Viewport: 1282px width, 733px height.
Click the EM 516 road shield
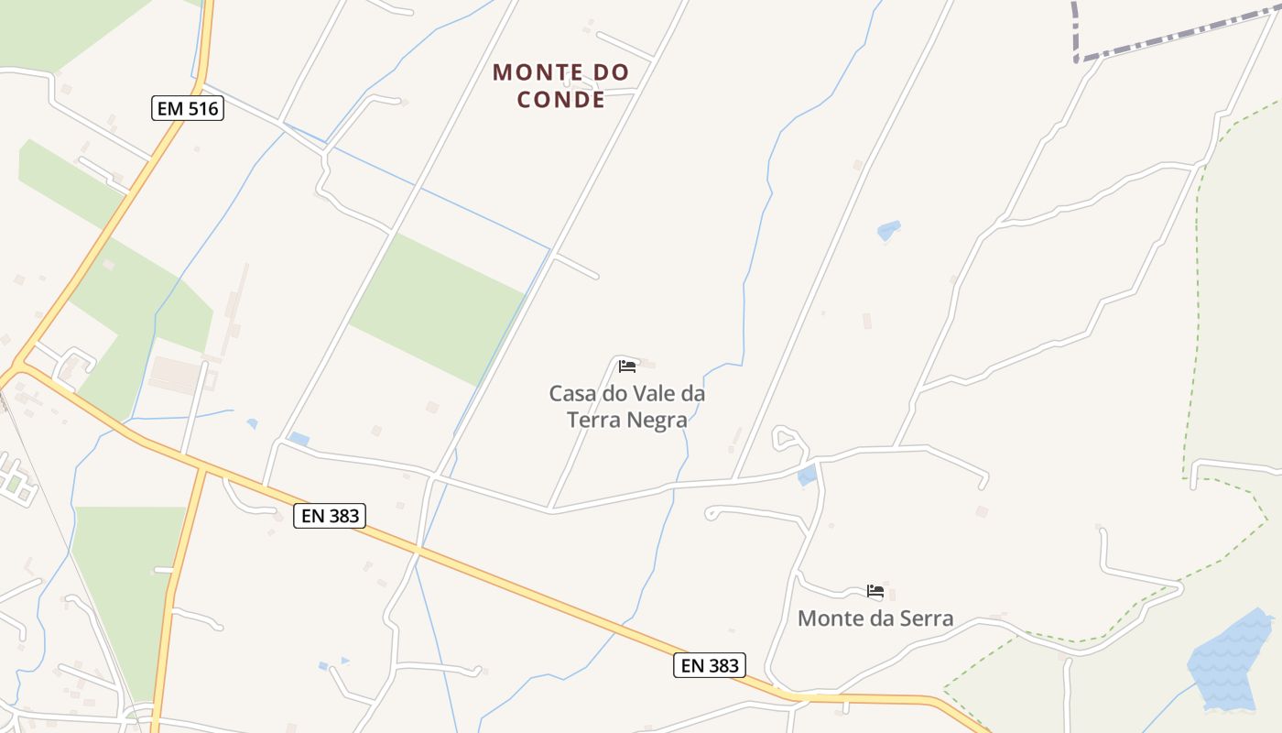pyautogui.click(x=188, y=109)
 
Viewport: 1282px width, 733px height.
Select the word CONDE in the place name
pyautogui.click(x=561, y=99)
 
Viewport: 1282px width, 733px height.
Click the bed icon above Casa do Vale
pyautogui.click(x=627, y=366)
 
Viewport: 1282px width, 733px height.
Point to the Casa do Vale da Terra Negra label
pyautogui.click(x=627, y=406)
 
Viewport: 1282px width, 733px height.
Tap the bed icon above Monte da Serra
pyautogui.click(x=875, y=591)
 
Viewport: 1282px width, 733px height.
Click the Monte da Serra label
pyautogui.click(x=875, y=618)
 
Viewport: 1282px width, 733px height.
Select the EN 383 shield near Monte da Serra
pyautogui.click(x=710, y=665)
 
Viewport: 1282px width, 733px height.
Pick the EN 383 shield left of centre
pyautogui.click(x=330, y=516)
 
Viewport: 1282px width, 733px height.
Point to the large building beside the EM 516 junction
pyautogui.click(x=177, y=374)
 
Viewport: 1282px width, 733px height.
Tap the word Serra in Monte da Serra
pyautogui.click(x=922, y=618)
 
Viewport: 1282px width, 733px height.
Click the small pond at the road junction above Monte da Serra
pyautogui.click(x=807, y=475)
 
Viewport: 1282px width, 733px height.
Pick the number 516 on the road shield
pyautogui.click(x=202, y=109)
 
